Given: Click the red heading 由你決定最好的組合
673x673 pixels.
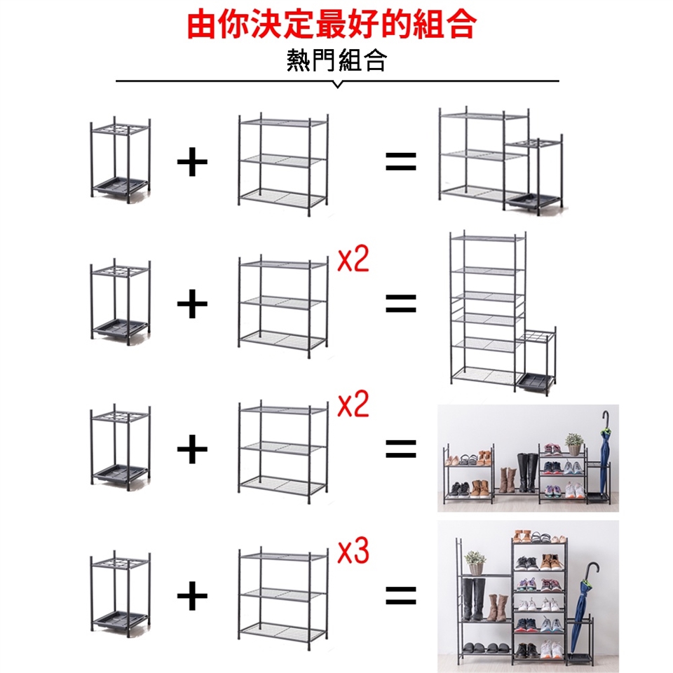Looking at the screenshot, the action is pyautogui.click(x=332, y=25).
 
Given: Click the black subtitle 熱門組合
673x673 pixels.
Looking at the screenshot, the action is pyautogui.click(x=336, y=60).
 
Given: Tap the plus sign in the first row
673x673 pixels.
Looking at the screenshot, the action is pyautogui.click(x=192, y=162).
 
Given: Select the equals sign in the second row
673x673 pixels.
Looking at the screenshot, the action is pyautogui.click(x=401, y=303).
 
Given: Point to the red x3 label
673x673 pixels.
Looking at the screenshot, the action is pyautogui.click(x=353, y=552).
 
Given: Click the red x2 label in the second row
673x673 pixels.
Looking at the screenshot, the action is pyautogui.click(x=353, y=259).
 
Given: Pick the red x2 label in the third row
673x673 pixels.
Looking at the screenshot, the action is pyautogui.click(x=353, y=404).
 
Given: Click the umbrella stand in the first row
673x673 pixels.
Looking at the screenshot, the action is pyautogui.click(x=121, y=160).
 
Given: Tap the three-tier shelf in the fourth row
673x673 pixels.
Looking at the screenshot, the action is pyautogui.click(x=283, y=599).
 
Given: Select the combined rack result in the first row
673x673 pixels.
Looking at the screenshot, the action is pyautogui.click(x=501, y=161).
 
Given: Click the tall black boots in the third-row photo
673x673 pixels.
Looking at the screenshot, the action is pyautogui.click(x=527, y=472).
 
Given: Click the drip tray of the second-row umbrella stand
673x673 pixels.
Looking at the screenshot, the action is pyautogui.click(x=120, y=328).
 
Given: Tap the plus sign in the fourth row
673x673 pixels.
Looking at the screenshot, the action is pyautogui.click(x=192, y=595).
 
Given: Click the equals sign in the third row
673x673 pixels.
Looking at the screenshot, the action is pyautogui.click(x=401, y=449).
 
